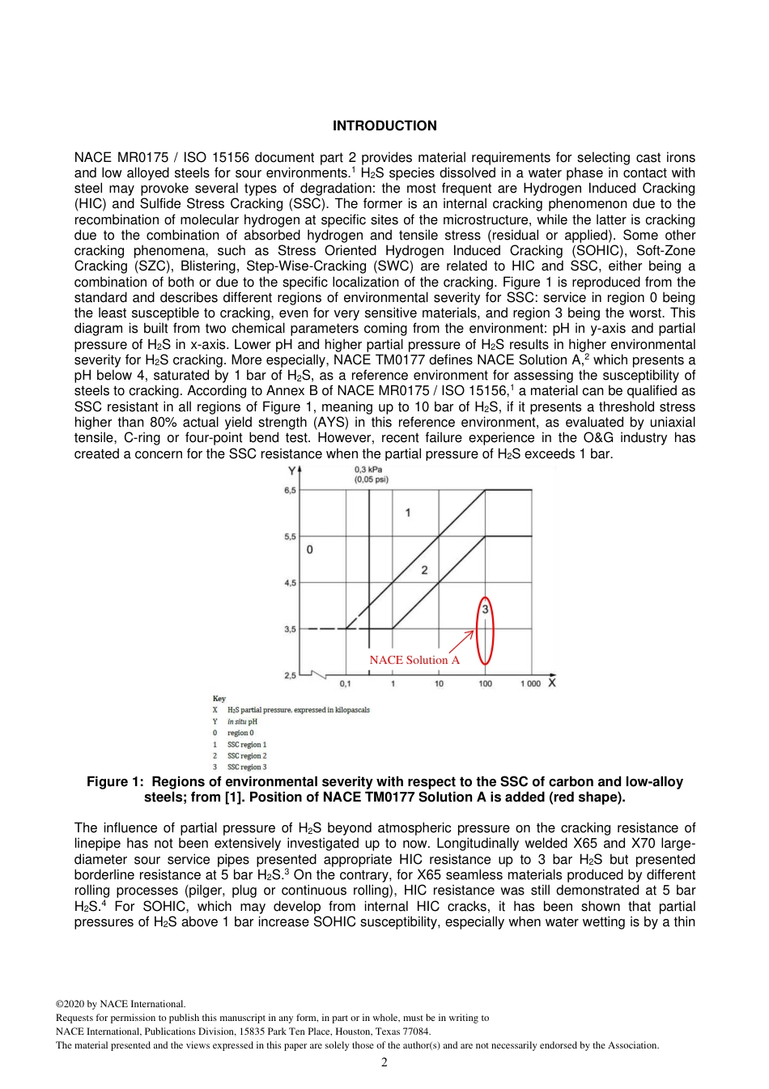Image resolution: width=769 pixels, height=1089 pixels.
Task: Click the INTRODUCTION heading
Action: point(384,125)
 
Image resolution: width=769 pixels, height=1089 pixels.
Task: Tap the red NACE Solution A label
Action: point(414,660)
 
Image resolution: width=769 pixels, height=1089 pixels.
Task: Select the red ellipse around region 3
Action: point(485,631)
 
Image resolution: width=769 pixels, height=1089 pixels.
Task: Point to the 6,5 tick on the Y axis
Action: point(290,490)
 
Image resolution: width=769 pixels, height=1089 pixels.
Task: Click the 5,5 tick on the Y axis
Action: point(290,536)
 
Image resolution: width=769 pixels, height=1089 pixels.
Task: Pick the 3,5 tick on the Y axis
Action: point(290,629)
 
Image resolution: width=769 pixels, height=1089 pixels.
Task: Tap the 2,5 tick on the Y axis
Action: point(290,675)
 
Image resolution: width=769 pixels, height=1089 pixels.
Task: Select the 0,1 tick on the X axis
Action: point(346,684)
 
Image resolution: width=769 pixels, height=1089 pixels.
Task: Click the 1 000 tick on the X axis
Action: point(530,684)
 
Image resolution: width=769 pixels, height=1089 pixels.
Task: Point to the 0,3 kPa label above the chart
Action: point(369,470)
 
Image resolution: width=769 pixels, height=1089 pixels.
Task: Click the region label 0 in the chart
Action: point(309,550)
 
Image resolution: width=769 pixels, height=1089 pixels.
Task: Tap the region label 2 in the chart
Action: point(424,570)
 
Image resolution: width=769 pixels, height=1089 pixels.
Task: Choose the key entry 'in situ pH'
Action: point(242,721)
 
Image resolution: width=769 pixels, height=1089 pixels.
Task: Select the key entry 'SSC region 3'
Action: point(247,767)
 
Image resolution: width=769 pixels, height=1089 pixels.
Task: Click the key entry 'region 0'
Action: point(240,733)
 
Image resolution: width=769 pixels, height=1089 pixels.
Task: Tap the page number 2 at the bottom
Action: point(384,1062)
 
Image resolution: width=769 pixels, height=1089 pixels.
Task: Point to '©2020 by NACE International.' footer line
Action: point(121,1004)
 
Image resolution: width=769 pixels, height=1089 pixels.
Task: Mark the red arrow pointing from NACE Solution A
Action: point(461,641)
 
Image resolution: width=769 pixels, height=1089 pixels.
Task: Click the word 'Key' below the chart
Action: point(219,698)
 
